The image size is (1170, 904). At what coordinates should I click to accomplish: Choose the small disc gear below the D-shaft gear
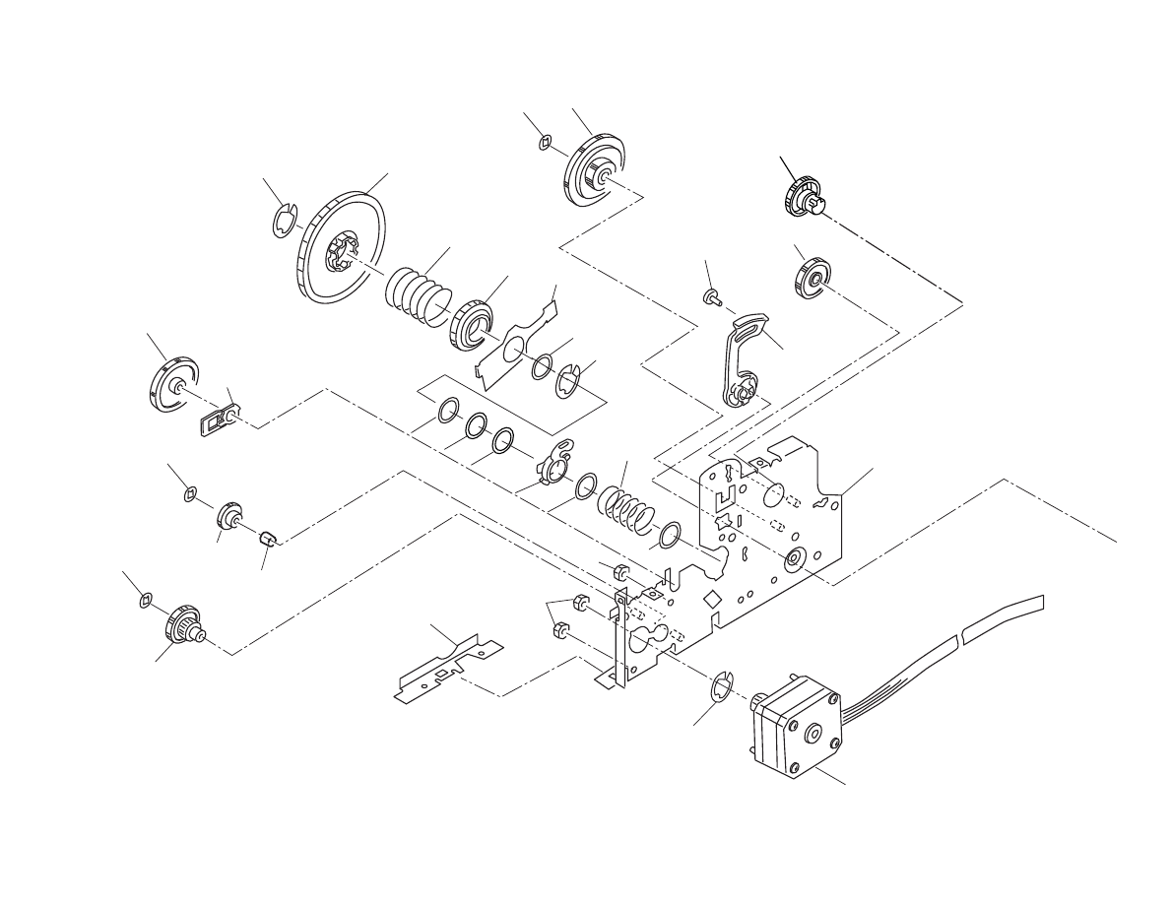point(811,277)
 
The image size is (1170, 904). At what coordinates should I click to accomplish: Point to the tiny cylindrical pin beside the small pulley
point(267,537)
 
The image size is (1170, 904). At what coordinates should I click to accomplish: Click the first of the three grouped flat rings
point(447,410)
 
